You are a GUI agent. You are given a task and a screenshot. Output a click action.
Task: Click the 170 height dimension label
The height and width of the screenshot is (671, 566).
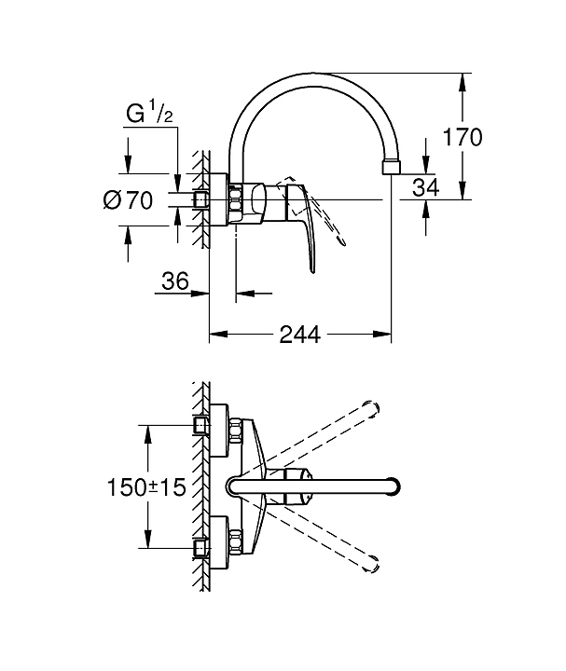coord(462,137)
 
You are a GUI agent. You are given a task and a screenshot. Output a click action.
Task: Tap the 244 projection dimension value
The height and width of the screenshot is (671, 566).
coord(299,335)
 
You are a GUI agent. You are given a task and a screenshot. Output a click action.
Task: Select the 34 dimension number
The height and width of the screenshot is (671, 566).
coord(425,187)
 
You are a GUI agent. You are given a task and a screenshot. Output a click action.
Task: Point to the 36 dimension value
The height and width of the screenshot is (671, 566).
coord(175,281)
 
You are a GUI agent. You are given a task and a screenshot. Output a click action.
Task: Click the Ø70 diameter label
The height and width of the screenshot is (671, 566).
coord(128,200)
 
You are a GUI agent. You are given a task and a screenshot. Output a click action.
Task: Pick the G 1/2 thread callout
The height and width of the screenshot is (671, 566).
coord(150,115)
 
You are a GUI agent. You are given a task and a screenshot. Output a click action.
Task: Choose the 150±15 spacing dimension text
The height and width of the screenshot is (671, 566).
coord(146,487)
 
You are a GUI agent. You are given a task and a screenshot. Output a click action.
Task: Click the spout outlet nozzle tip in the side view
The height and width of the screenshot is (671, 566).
coord(392,168)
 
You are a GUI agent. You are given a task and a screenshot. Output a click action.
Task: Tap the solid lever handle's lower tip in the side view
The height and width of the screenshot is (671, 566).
coord(313,270)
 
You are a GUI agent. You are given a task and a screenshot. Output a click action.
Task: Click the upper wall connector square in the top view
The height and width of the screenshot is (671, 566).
coord(200,426)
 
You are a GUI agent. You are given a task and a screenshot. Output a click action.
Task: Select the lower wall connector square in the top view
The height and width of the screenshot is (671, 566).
coord(200,547)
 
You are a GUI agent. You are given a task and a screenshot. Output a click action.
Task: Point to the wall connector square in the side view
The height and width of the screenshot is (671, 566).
coord(200,199)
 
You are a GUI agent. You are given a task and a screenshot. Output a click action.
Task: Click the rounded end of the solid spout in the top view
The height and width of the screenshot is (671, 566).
coord(394,486)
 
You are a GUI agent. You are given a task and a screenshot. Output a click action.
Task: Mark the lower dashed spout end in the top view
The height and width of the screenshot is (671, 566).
coord(371,563)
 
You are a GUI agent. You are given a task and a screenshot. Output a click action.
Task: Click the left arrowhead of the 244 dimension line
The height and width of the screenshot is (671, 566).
coord(218,335)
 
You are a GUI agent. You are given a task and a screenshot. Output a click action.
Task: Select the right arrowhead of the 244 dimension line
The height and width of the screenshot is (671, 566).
coord(382,335)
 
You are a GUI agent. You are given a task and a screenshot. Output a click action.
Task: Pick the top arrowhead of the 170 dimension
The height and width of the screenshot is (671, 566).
coord(462,82)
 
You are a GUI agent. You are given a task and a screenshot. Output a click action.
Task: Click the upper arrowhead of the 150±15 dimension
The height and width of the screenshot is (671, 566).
coord(147,435)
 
